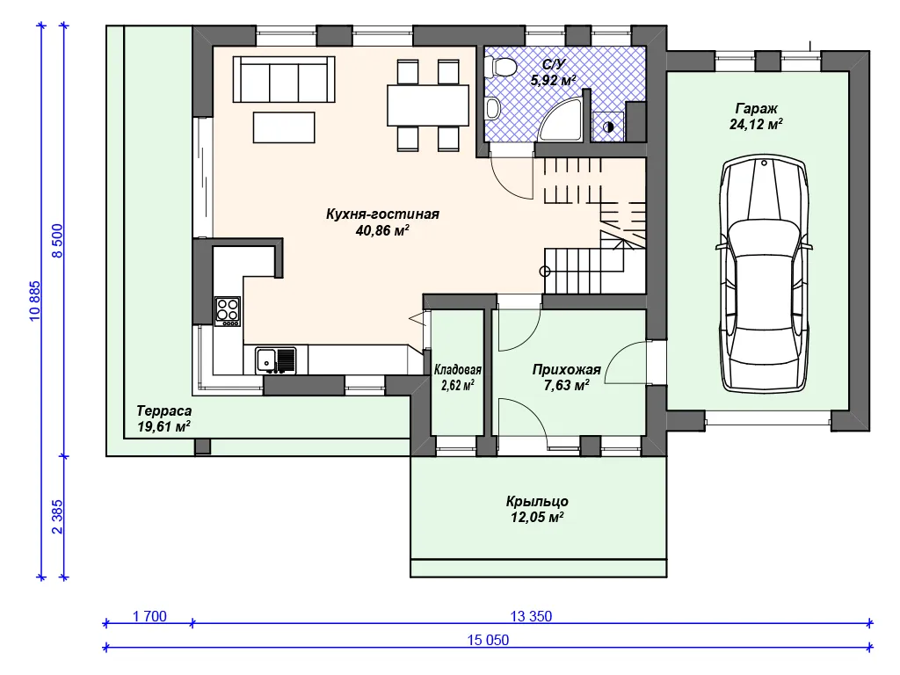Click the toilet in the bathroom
point(500,67)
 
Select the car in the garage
point(764,274)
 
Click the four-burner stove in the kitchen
point(228,311)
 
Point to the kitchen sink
point(276,360)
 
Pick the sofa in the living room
point(284,79)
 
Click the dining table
point(428,105)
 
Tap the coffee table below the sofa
point(284,127)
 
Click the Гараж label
point(756,108)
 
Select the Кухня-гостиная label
point(382,214)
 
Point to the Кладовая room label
point(457,370)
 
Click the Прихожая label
point(567,370)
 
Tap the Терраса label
point(164,411)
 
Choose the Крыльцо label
point(537,501)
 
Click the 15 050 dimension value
point(488,640)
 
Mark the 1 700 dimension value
point(149,616)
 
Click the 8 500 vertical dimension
point(57,241)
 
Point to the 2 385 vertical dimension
point(57,517)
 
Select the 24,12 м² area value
point(756,124)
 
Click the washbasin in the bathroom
point(492,108)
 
